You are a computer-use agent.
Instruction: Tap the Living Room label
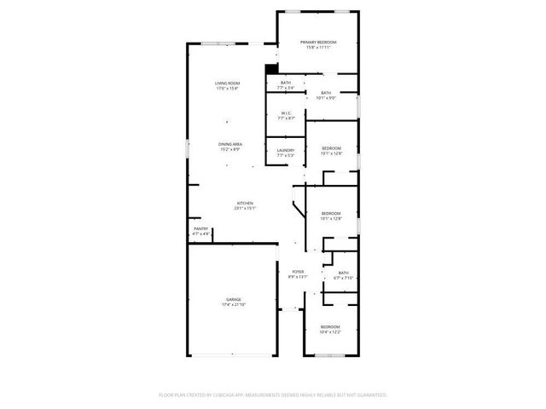click(227, 83)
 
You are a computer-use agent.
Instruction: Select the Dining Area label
click(230, 144)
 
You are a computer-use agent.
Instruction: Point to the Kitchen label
click(246, 202)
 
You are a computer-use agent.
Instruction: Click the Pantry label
click(200, 228)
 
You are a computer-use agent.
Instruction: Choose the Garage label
click(234, 299)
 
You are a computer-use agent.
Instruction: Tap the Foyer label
click(298, 272)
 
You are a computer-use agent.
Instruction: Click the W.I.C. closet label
click(286, 112)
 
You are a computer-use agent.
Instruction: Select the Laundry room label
click(286, 150)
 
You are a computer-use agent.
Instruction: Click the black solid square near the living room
click(271, 70)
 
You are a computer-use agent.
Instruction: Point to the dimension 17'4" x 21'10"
click(234, 304)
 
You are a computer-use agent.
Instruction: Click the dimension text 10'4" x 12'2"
click(330, 331)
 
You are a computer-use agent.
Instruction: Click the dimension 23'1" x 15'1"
click(246, 207)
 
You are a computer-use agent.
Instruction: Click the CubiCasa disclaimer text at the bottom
click(273, 395)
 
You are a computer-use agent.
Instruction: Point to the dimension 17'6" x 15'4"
click(227, 88)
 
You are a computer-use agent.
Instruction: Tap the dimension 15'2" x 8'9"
click(230, 149)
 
